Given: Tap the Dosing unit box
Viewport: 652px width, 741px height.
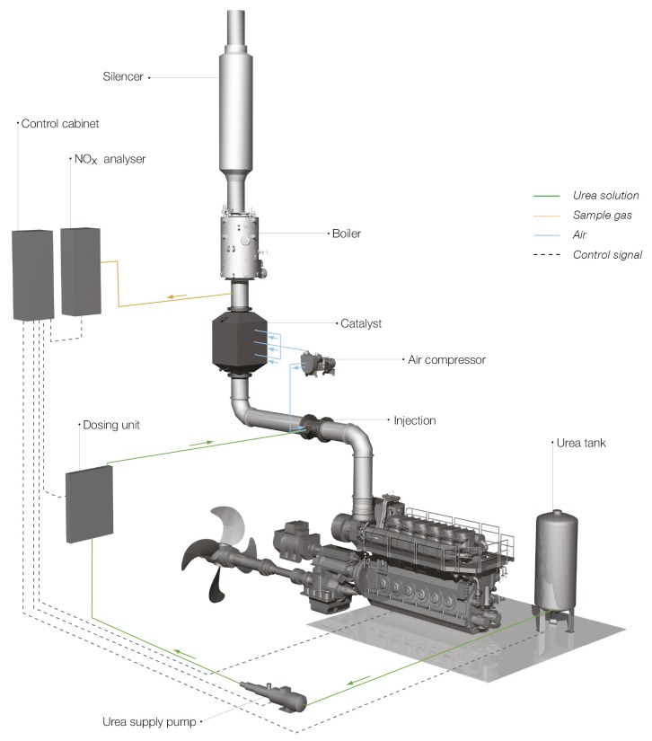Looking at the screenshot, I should (90, 503).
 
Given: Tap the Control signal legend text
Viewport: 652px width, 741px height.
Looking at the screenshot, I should (607, 255).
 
